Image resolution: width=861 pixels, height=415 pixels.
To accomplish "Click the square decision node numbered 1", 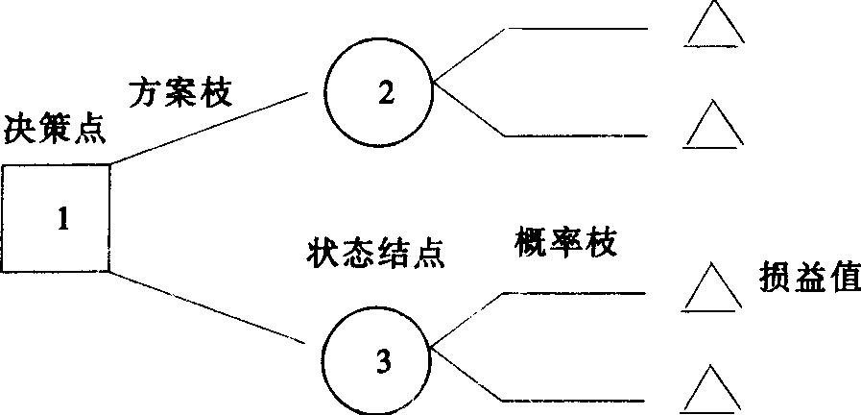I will click(56, 218).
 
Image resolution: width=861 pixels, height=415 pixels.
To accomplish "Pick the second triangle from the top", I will click(714, 128).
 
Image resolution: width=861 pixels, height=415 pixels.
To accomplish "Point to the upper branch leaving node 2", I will click(576, 30).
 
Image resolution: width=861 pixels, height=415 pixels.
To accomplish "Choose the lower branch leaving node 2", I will click(576, 135).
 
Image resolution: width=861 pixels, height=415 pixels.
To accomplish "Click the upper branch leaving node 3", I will click(576, 293).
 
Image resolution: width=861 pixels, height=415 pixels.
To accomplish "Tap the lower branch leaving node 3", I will click(576, 400).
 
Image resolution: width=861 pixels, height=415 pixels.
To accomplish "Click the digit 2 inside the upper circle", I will click(385, 92).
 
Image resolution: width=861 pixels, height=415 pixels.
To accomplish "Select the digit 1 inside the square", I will click(62, 220).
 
